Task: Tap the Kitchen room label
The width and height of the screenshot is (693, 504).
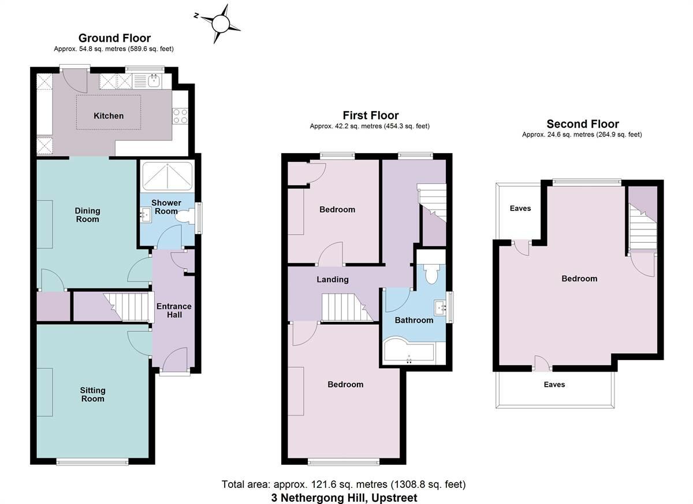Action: [x=109, y=116]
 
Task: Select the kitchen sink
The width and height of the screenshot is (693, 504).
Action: [x=154, y=81]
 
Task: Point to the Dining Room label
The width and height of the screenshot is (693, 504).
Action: [x=87, y=215]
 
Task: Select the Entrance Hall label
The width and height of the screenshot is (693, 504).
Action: [x=174, y=310]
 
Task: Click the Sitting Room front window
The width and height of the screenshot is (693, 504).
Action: [x=92, y=461]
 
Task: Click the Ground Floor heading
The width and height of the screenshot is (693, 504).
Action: [x=114, y=38]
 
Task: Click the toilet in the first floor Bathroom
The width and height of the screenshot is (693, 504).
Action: [x=431, y=275]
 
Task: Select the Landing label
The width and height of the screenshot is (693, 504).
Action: [x=333, y=280]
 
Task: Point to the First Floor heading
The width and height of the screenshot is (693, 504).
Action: [x=370, y=115]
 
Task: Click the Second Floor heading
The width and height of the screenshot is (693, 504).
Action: [x=582, y=124]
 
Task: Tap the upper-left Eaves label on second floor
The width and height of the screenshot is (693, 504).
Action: [x=520, y=208]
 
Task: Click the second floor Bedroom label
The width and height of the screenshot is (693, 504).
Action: [x=579, y=279]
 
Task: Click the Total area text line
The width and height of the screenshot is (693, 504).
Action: [x=344, y=484]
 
